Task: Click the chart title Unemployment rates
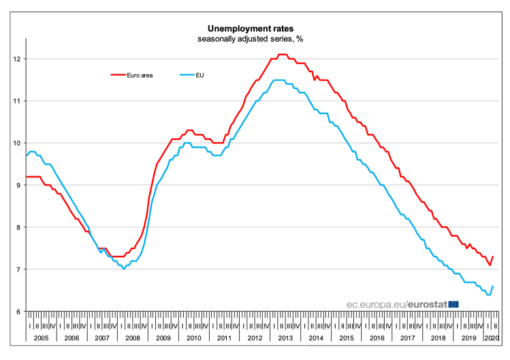pyautogui.click(x=251, y=29)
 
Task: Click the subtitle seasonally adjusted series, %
pyautogui.click(x=251, y=39)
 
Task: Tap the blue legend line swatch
pyautogui.click(x=185, y=75)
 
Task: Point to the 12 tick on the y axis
pyautogui.click(x=18, y=59)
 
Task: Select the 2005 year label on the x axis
pyautogui.click(x=42, y=338)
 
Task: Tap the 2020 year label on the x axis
pyautogui.click(x=490, y=338)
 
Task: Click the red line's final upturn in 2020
pyautogui.click(x=492, y=257)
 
